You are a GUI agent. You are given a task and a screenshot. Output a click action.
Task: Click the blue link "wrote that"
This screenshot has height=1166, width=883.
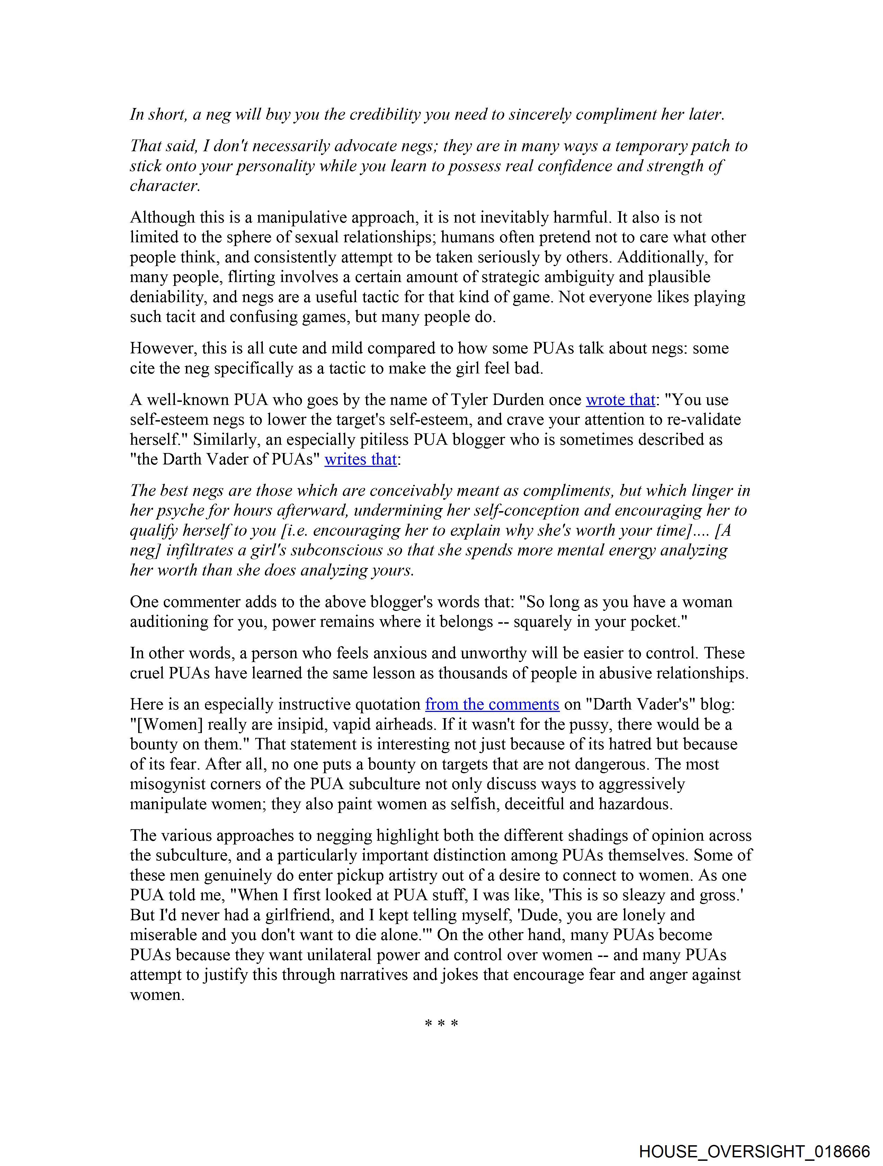(x=620, y=400)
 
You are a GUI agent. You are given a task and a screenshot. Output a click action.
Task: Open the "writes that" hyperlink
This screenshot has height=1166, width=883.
(x=360, y=460)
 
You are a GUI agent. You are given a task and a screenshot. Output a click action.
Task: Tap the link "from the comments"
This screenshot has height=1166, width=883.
(x=492, y=705)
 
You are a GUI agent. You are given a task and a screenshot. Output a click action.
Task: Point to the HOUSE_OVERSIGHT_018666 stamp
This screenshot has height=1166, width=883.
(x=754, y=1151)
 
